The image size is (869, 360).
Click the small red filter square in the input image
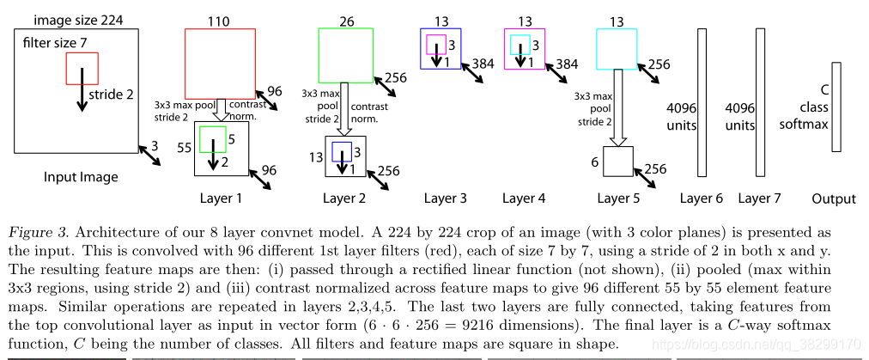[82, 68]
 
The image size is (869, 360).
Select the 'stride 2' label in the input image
[112, 95]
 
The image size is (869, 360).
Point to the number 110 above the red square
[220, 20]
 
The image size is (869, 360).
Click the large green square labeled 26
[345, 57]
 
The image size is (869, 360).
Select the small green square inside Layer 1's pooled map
[212, 137]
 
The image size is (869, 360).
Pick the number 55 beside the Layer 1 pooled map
[184, 148]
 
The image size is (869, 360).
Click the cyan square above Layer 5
[616, 49]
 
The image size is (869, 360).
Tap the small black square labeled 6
[617, 161]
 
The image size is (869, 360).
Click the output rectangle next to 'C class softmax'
[836, 107]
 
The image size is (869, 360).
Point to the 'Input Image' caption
[80, 178]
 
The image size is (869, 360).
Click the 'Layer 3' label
[445, 198]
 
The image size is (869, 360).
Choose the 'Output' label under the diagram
[834, 199]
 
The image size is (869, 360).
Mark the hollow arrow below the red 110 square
[221, 108]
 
